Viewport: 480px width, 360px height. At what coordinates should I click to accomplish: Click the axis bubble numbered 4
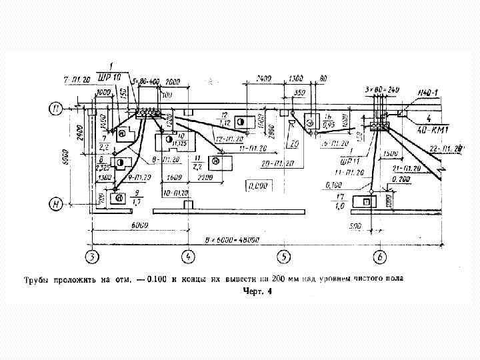189,255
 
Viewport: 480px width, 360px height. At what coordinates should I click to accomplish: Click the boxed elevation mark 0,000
257,185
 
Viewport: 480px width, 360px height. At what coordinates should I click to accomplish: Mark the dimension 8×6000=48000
231,239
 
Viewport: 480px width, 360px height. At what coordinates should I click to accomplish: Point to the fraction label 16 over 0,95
328,119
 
